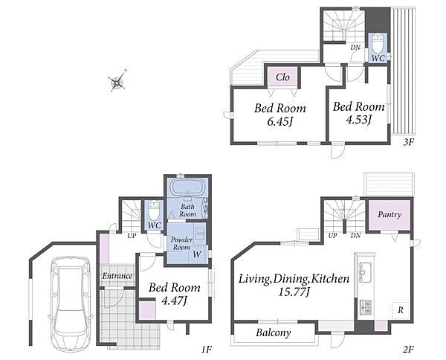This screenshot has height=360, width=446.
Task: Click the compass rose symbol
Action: [117, 83]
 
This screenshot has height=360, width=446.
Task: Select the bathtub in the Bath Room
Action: [187, 188]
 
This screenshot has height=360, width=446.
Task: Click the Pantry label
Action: [390, 214]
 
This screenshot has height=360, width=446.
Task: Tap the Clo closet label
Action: [282, 77]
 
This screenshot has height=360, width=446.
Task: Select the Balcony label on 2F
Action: [273, 332]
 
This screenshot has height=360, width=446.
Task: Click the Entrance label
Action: [117, 276]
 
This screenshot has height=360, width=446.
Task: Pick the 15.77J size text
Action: [294, 292]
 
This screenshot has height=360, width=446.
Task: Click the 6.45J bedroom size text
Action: [280, 122]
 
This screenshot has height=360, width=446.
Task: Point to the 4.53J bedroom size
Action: [358, 120]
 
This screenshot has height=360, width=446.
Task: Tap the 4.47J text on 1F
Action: [174, 300]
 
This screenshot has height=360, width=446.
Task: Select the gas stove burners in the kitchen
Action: [366, 307]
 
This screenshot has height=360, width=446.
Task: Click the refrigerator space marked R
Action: [400, 310]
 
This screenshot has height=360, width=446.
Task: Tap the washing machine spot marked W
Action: [196, 254]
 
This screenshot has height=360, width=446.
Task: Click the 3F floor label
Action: [408, 142]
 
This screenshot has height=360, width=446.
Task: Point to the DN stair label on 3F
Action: [355, 48]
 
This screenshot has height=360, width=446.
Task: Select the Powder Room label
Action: [181, 243]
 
